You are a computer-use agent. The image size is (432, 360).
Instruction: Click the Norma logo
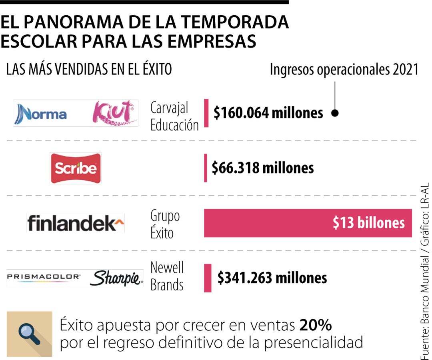pyautogui.click(x=40, y=114)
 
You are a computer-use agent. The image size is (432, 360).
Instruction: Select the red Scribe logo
pyautogui.click(x=76, y=168)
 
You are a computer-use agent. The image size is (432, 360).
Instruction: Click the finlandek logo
pyautogui.click(x=76, y=223)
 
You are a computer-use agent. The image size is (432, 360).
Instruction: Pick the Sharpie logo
pyautogui.click(x=116, y=278)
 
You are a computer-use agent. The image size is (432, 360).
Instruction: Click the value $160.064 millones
pyautogui.click(x=268, y=113)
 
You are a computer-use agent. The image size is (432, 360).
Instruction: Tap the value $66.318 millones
pyautogui.click(x=263, y=168)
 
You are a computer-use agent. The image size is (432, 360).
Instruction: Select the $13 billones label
pyautogui.click(x=368, y=223)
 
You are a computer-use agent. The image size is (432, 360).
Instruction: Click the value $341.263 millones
pyautogui.click(x=272, y=278)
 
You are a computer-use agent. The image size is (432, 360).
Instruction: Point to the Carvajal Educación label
pyautogui.click(x=174, y=116)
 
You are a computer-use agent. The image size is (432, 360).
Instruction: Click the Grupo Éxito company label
pyautogui.click(x=165, y=224)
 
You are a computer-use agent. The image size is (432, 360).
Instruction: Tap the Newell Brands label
pyautogui.click(x=167, y=276)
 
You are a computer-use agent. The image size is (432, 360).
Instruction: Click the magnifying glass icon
pyautogui.click(x=30, y=333)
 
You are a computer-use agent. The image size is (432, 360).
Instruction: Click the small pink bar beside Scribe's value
pyautogui.click(x=206, y=168)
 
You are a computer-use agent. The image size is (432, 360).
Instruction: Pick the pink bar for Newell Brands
pyautogui.click(x=208, y=278)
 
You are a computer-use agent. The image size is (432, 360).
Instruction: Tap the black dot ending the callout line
pyautogui.click(x=335, y=113)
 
